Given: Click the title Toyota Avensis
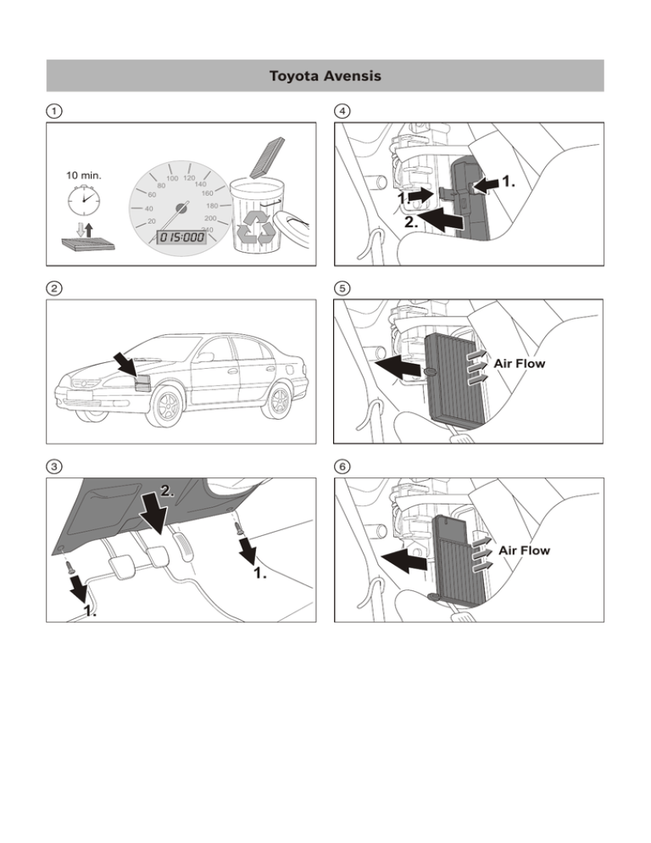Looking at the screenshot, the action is pos(325,76).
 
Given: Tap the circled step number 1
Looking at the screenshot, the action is pos(53,111).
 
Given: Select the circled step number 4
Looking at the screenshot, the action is pos(342,111).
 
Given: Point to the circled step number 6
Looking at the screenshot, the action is pos(342,466).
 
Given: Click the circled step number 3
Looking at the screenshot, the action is pos(53,466).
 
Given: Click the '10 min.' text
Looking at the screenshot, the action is pos(83,176).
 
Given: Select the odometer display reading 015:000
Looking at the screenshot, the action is pos(179,237).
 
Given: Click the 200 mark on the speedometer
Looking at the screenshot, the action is pos(211,219).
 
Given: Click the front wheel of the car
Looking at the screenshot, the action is pos(167,406).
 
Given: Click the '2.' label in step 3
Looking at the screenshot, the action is pos(169,490).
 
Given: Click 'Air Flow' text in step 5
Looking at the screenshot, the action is pos(520,364).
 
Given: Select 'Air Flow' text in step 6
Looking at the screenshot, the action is pos(524,550).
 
